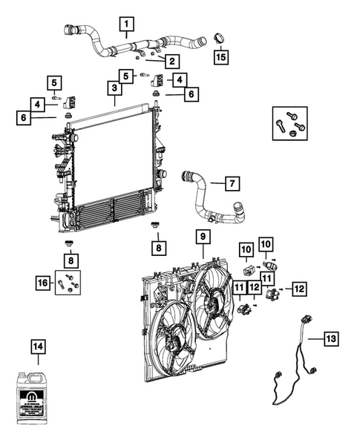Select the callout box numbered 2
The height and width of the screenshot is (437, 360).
[171, 61]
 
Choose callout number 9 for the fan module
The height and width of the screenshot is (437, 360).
[202, 237]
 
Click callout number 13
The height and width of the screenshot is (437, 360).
[331, 338]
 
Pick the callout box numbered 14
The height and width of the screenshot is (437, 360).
[38, 346]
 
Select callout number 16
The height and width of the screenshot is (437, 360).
[44, 282]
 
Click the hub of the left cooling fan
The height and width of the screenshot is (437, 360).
[171, 342]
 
